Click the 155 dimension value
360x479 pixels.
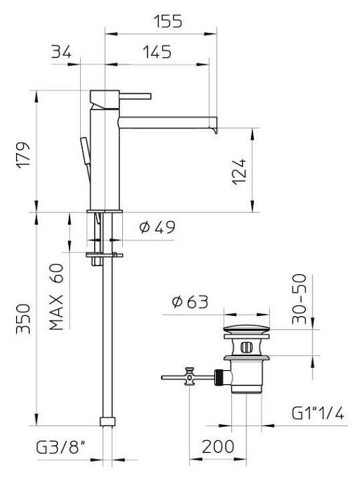(168, 21)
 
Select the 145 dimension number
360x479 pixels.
(157, 52)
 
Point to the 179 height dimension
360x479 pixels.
(23, 154)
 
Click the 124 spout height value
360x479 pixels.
(239, 172)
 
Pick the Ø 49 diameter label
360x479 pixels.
(157, 227)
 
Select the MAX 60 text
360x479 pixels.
(56, 297)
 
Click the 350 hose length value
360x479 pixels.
(23, 319)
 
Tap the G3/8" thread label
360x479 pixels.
(60, 448)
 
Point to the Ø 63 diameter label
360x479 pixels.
(190, 302)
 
